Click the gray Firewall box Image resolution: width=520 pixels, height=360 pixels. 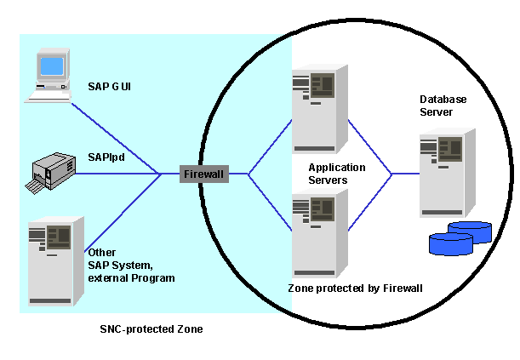[205, 174]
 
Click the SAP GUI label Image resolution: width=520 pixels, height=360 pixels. [109, 87]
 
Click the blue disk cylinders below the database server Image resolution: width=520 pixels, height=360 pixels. [460, 237]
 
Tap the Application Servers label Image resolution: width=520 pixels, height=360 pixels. [336, 173]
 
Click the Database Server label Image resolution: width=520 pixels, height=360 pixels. [443, 106]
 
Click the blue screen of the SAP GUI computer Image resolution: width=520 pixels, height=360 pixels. [51, 66]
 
